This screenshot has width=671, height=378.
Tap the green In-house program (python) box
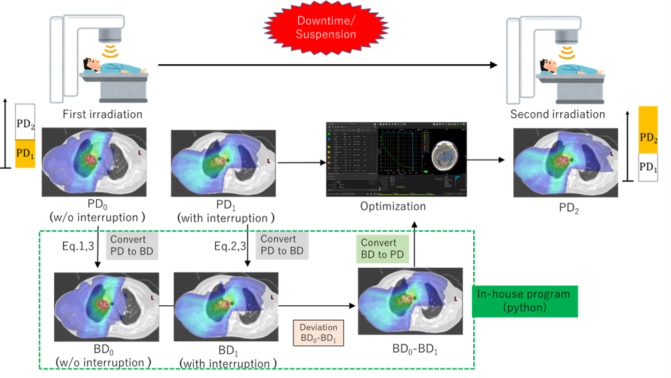point(524,301)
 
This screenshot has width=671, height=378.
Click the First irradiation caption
point(102,114)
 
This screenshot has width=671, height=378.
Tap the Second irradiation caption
point(557,114)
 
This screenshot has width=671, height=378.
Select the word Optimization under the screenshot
point(392,206)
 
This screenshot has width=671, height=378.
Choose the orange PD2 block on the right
point(648,137)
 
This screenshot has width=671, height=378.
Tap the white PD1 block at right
point(648,168)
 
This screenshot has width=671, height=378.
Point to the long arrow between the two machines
point(327,65)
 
